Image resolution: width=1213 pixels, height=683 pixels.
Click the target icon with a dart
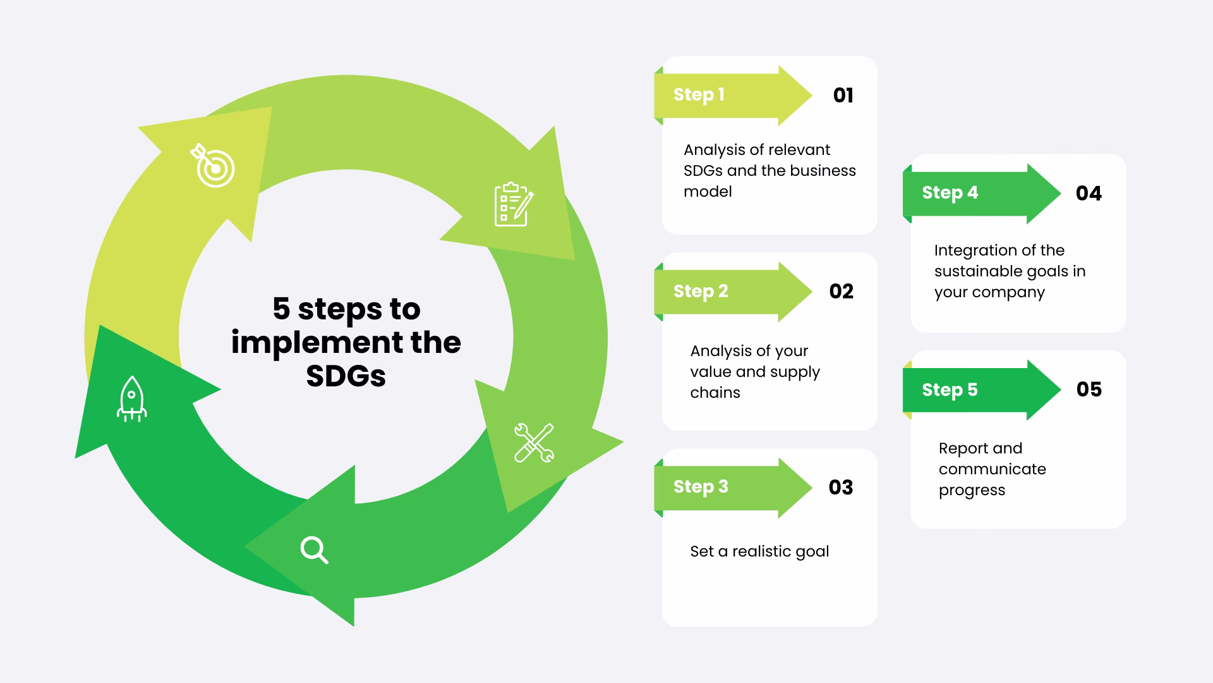coord(213,166)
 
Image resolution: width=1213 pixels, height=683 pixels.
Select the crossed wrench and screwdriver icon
coord(534,443)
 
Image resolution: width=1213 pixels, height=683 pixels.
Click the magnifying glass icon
coord(314,550)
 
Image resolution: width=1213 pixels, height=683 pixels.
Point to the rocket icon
coord(131,399)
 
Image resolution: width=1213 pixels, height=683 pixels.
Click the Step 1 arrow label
coord(699,95)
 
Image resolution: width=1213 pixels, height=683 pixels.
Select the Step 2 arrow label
coord(701,291)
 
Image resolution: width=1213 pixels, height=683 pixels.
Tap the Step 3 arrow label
coord(701,487)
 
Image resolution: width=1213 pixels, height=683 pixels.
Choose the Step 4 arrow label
coord(950,193)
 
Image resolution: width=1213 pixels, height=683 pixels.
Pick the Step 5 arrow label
coord(950,390)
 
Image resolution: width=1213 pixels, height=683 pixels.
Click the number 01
coord(843,95)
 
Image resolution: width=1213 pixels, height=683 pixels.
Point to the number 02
coord(842,292)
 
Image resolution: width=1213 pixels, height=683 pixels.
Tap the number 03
coord(841,488)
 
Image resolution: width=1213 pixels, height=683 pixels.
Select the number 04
coord(1089,194)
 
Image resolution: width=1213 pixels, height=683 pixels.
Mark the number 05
coord(1089,390)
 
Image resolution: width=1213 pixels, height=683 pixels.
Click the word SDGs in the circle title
coord(346,376)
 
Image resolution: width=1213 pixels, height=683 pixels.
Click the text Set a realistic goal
coord(759,551)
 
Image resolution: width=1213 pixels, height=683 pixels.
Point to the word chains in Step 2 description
coord(715,393)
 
